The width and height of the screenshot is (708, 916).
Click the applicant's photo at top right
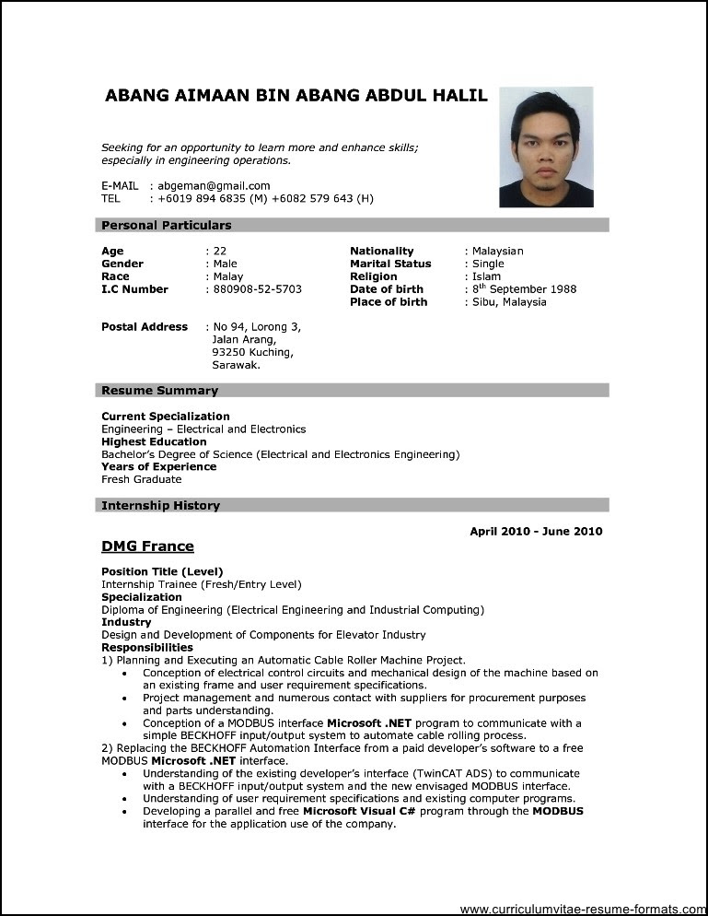(x=546, y=147)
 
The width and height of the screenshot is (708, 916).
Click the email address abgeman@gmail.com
(x=214, y=185)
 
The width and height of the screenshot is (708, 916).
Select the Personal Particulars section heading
(x=167, y=225)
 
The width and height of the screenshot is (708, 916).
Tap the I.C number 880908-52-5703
(x=257, y=289)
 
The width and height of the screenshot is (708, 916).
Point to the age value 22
(x=220, y=251)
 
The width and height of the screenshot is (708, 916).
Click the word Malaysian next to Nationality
(x=497, y=251)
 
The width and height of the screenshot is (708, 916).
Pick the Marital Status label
(x=391, y=264)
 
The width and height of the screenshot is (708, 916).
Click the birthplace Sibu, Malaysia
(x=509, y=302)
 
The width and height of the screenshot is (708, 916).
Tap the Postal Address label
(x=145, y=327)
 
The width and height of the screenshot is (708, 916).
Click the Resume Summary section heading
(x=160, y=391)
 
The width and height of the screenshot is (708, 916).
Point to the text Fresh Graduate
(x=142, y=479)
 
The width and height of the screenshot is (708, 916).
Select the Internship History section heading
(x=161, y=506)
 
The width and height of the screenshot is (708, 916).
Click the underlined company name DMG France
(x=147, y=546)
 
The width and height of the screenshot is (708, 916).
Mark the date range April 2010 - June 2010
(x=536, y=532)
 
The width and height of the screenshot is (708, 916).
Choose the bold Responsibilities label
(x=147, y=648)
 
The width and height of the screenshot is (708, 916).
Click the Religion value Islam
(x=486, y=276)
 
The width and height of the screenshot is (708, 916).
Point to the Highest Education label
(x=154, y=441)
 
